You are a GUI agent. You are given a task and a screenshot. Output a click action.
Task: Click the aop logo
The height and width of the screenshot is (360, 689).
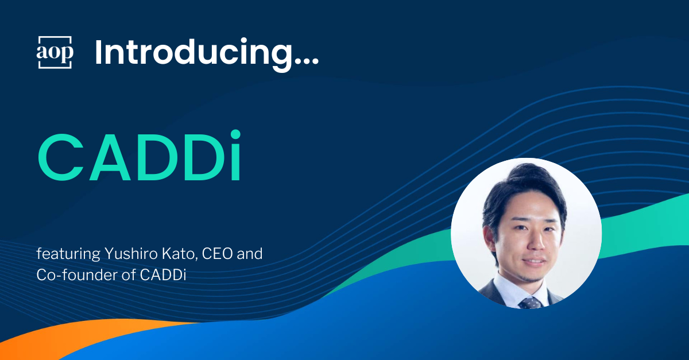55,52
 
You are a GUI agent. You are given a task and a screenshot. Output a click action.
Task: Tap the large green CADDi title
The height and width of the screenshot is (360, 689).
140,156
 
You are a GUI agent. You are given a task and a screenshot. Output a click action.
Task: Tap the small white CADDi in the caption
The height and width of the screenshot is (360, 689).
163,275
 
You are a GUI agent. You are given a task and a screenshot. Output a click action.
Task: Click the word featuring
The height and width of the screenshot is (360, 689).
68,254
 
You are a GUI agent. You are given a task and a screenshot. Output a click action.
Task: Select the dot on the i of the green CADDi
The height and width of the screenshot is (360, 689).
235,135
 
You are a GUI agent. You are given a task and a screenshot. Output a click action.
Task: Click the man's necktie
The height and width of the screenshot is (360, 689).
529,303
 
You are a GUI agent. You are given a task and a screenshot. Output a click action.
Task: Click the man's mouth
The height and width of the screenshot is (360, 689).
535,262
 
